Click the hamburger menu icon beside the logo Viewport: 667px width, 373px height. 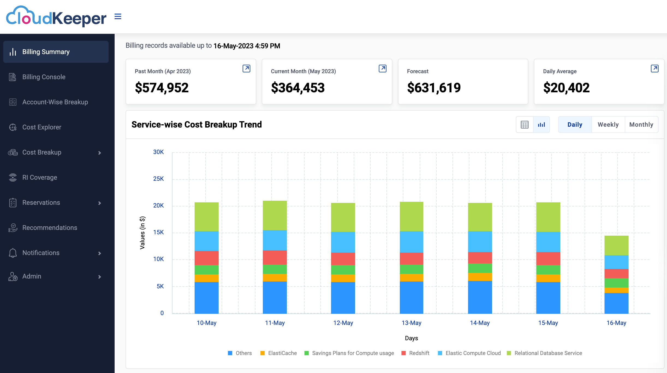click(118, 17)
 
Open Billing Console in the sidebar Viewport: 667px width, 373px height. click(44, 77)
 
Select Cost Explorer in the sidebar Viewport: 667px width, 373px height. click(41, 127)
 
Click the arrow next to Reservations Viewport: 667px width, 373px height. click(100, 203)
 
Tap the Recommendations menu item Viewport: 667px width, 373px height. click(50, 228)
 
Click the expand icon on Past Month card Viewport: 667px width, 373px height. click(246, 68)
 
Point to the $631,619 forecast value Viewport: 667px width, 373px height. click(434, 88)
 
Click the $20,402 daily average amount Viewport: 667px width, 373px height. click(566, 88)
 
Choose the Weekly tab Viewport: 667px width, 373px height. click(608, 125)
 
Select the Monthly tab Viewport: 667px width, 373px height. click(641, 125)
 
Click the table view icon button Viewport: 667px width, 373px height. click(525, 125)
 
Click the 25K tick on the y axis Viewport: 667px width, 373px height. click(158, 179)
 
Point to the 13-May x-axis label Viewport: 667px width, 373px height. click(411, 323)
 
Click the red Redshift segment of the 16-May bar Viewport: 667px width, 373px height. click(616, 274)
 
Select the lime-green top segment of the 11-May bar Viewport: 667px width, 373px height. click(275, 215)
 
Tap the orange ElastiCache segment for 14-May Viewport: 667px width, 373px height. click(480, 277)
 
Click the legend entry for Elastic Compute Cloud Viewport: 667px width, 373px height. click(469, 353)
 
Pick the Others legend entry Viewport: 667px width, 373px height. click(240, 353)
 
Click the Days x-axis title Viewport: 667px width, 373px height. click(411, 338)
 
